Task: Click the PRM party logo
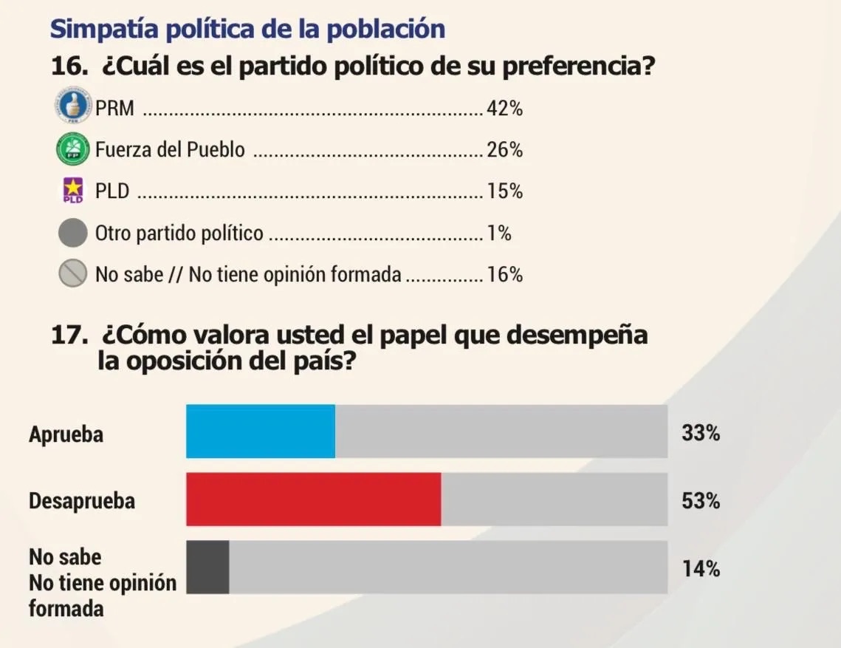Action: (73, 107)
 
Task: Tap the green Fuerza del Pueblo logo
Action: (72, 149)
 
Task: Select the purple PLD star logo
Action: (72, 190)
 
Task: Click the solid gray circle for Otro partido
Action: (72, 233)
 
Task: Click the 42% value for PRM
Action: (505, 109)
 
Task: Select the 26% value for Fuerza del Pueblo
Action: (505, 151)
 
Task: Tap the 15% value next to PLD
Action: (505, 192)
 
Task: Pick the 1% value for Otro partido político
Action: (499, 234)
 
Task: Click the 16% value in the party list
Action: (505, 276)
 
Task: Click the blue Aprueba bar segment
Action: (260, 432)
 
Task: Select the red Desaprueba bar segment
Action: (313, 499)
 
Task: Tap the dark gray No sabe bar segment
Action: (207, 567)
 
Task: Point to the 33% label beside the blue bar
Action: (701, 434)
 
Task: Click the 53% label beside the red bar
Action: (701, 501)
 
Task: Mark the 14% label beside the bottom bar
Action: (701, 569)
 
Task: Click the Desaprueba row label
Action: (82, 501)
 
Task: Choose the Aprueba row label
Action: (66, 434)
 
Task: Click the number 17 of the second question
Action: (66, 335)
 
